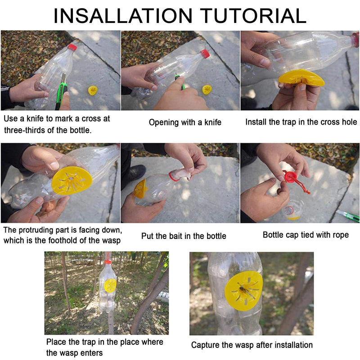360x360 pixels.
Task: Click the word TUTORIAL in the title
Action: pyautogui.click(x=254, y=16)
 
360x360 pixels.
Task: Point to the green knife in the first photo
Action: pyautogui.click(x=59, y=92)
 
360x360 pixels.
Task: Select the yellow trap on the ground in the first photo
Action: pyautogui.click(x=93, y=90)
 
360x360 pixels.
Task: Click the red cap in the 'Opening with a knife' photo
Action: pyautogui.click(x=205, y=54)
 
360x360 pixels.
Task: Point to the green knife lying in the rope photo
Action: pyautogui.click(x=349, y=216)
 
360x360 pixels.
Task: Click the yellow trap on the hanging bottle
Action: pyautogui.click(x=110, y=285)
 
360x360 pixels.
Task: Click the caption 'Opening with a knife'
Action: pyautogui.click(x=185, y=122)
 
